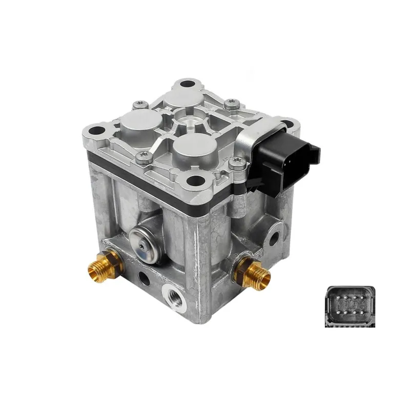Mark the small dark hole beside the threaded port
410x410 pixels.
[x=145, y=279]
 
